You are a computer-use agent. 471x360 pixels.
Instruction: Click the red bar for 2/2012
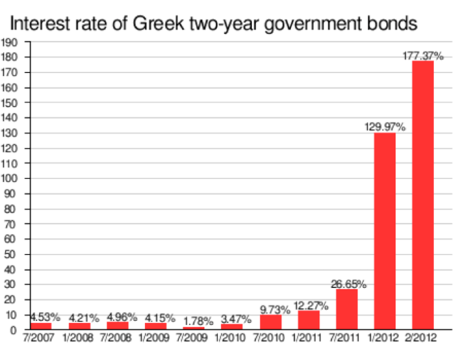[x=423, y=196]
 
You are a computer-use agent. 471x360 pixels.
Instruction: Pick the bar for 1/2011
[x=309, y=320]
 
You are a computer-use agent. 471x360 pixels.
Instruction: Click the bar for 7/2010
[x=270, y=322]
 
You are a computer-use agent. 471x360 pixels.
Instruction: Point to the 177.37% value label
[x=423, y=56]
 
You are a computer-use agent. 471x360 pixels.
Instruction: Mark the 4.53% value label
[x=45, y=316]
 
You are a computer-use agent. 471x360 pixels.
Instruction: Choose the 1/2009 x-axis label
[x=155, y=338]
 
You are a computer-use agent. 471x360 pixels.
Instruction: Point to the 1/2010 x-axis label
[x=232, y=338]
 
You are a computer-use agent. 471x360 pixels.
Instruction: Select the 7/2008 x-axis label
[x=117, y=338]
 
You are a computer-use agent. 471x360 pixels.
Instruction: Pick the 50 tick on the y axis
[x=12, y=253]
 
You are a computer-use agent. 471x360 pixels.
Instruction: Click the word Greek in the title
[x=160, y=25]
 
